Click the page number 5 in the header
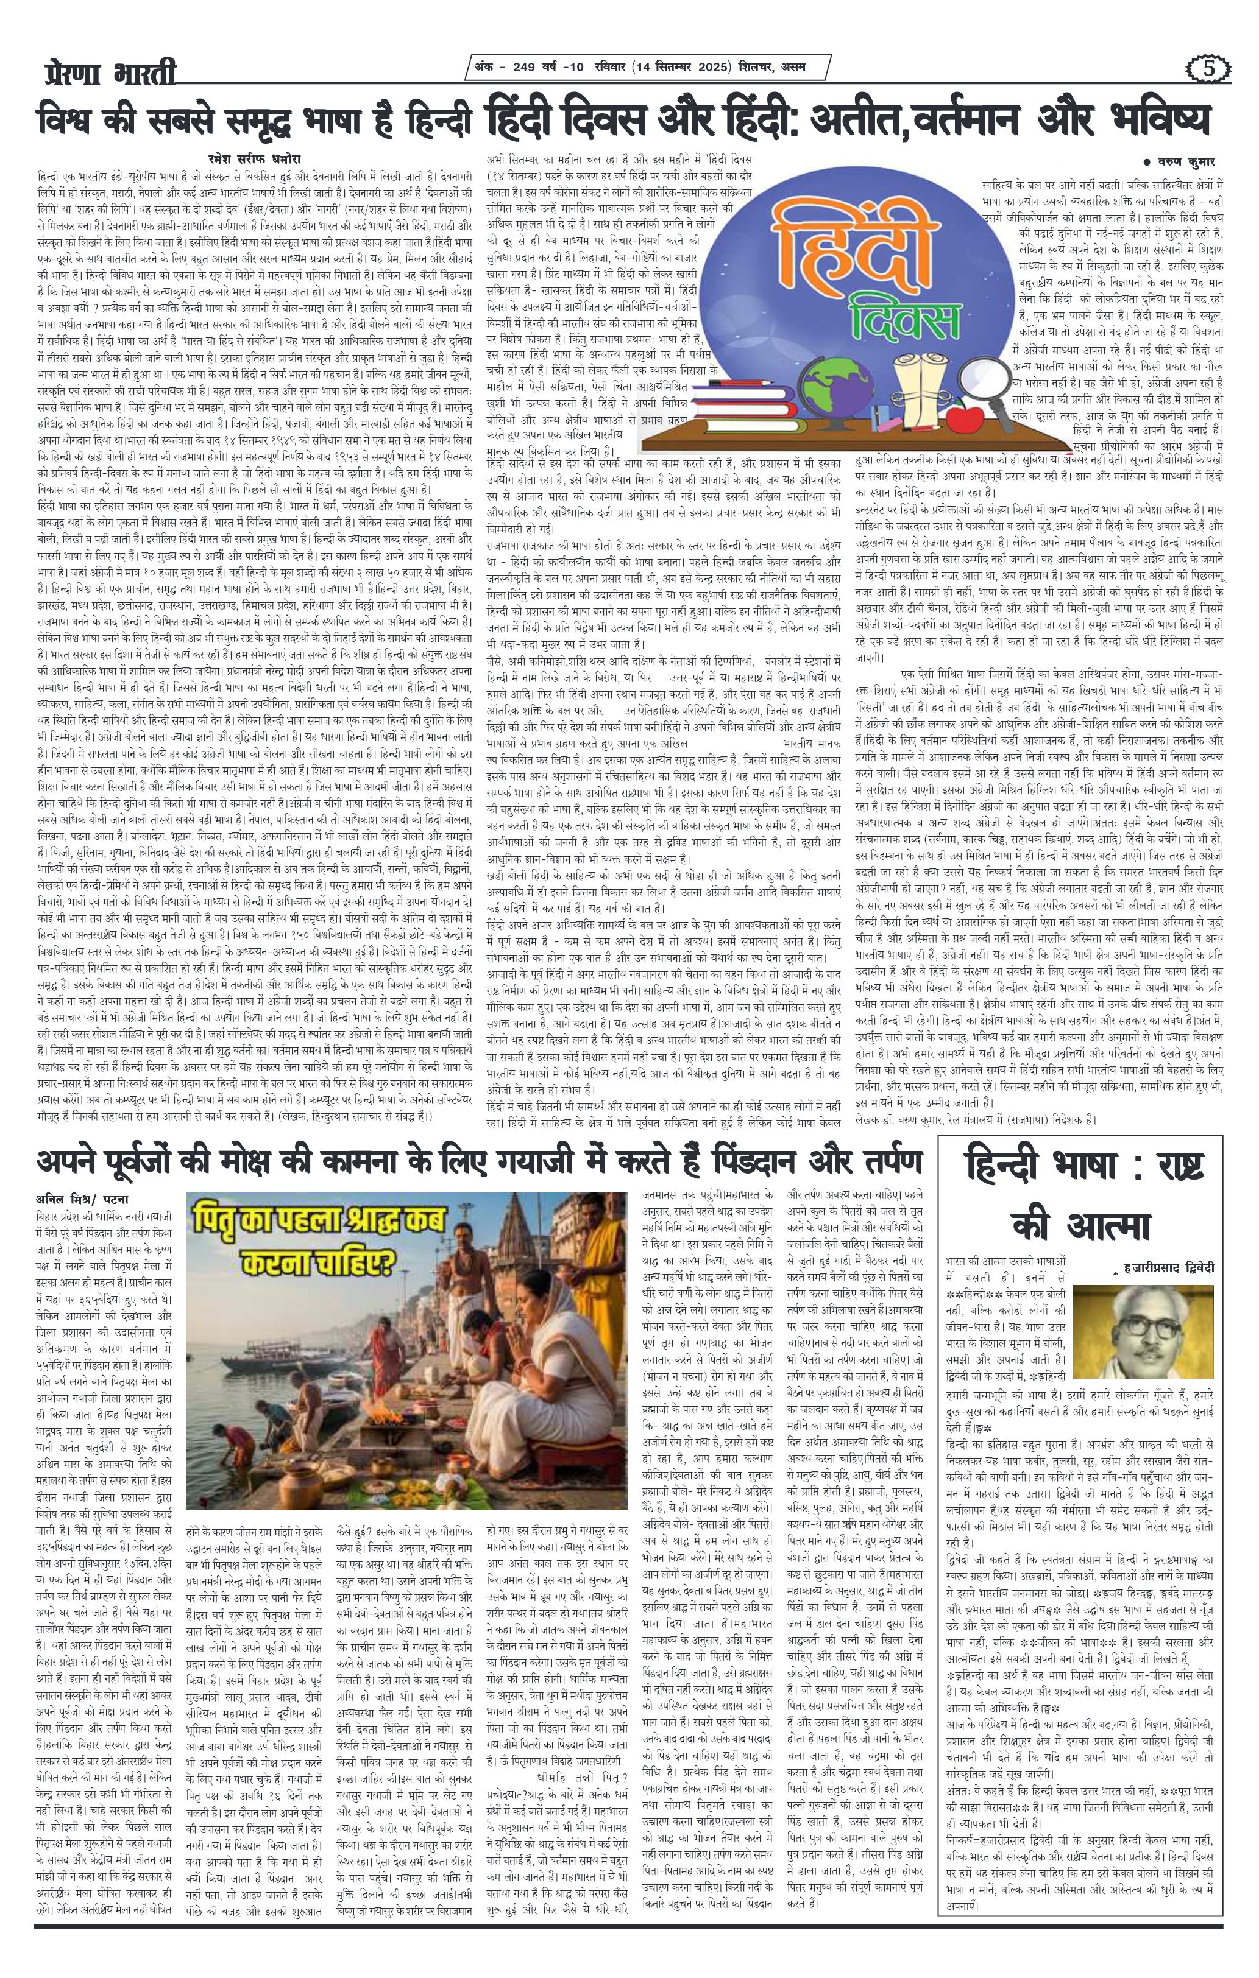click(x=1207, y=69)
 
